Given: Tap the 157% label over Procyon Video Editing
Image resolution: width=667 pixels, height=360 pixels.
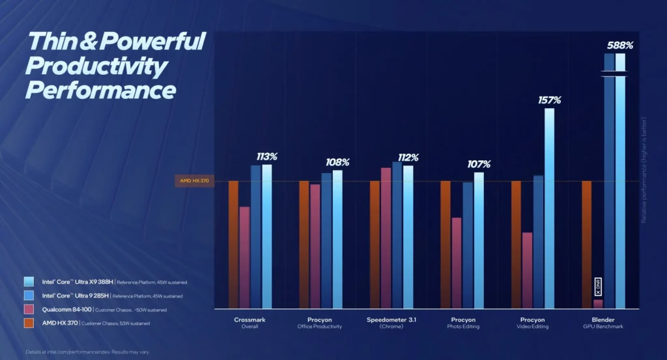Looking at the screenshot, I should coord(549,100).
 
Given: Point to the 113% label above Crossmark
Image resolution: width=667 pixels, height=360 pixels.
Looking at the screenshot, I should coord(266,157).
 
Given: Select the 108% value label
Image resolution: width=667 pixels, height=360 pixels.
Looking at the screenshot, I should coord(337,162).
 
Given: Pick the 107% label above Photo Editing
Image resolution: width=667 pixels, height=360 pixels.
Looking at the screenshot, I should coord(479,164).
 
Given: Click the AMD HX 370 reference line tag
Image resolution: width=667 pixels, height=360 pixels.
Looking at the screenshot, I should coord(195,181).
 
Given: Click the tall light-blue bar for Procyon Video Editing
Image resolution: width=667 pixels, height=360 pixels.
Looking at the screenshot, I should coord(550,208).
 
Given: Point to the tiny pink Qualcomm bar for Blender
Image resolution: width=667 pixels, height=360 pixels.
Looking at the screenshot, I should coord(598,303).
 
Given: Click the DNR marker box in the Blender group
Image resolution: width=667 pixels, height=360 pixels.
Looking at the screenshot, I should coord(598,286).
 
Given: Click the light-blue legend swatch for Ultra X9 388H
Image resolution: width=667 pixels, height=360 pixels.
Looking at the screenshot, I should coord(29,282).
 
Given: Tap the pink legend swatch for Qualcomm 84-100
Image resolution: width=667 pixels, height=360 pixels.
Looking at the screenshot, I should coord(29,309).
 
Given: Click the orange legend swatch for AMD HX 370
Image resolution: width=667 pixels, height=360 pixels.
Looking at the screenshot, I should coord(29,323).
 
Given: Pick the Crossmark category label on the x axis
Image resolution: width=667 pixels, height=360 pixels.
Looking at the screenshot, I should coord(249,320).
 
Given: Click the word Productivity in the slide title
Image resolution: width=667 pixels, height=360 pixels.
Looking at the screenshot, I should coord(97,66).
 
